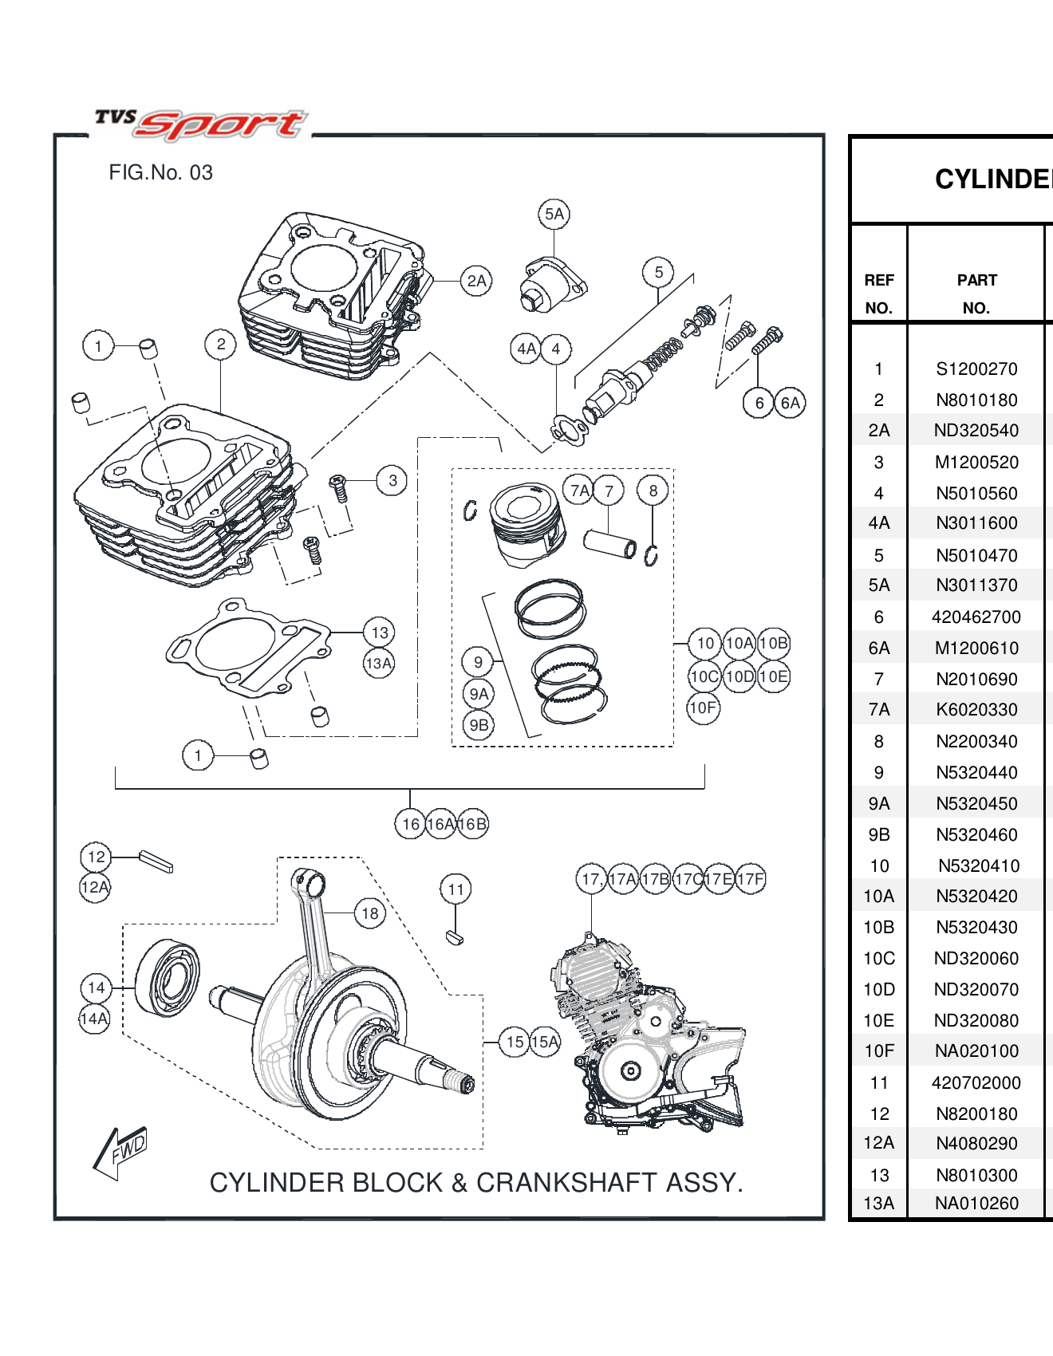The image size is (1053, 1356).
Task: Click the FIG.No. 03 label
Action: tap(160, 172)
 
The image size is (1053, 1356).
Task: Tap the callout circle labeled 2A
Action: tap(476, 281)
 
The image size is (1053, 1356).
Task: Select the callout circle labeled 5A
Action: tap(554, 214)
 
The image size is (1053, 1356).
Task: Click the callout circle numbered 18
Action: tap(369, 913)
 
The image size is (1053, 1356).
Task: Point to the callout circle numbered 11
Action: tap(456, 889)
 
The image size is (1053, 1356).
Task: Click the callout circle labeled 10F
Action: tap(703, 708)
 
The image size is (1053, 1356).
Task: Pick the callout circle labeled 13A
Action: tap(379, 663)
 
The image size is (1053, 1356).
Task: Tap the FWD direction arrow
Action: tap(120, 1153)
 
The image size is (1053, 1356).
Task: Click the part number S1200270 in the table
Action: tap(976, 369)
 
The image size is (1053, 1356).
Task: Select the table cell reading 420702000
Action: tap(976, 1082)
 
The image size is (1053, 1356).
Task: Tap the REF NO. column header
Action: tap(878, 294)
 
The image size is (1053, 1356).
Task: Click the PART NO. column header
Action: tap(976, 294)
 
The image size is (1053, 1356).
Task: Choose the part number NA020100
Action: tap(976, 1051)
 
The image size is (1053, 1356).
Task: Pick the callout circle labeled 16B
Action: tap(473, 824)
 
